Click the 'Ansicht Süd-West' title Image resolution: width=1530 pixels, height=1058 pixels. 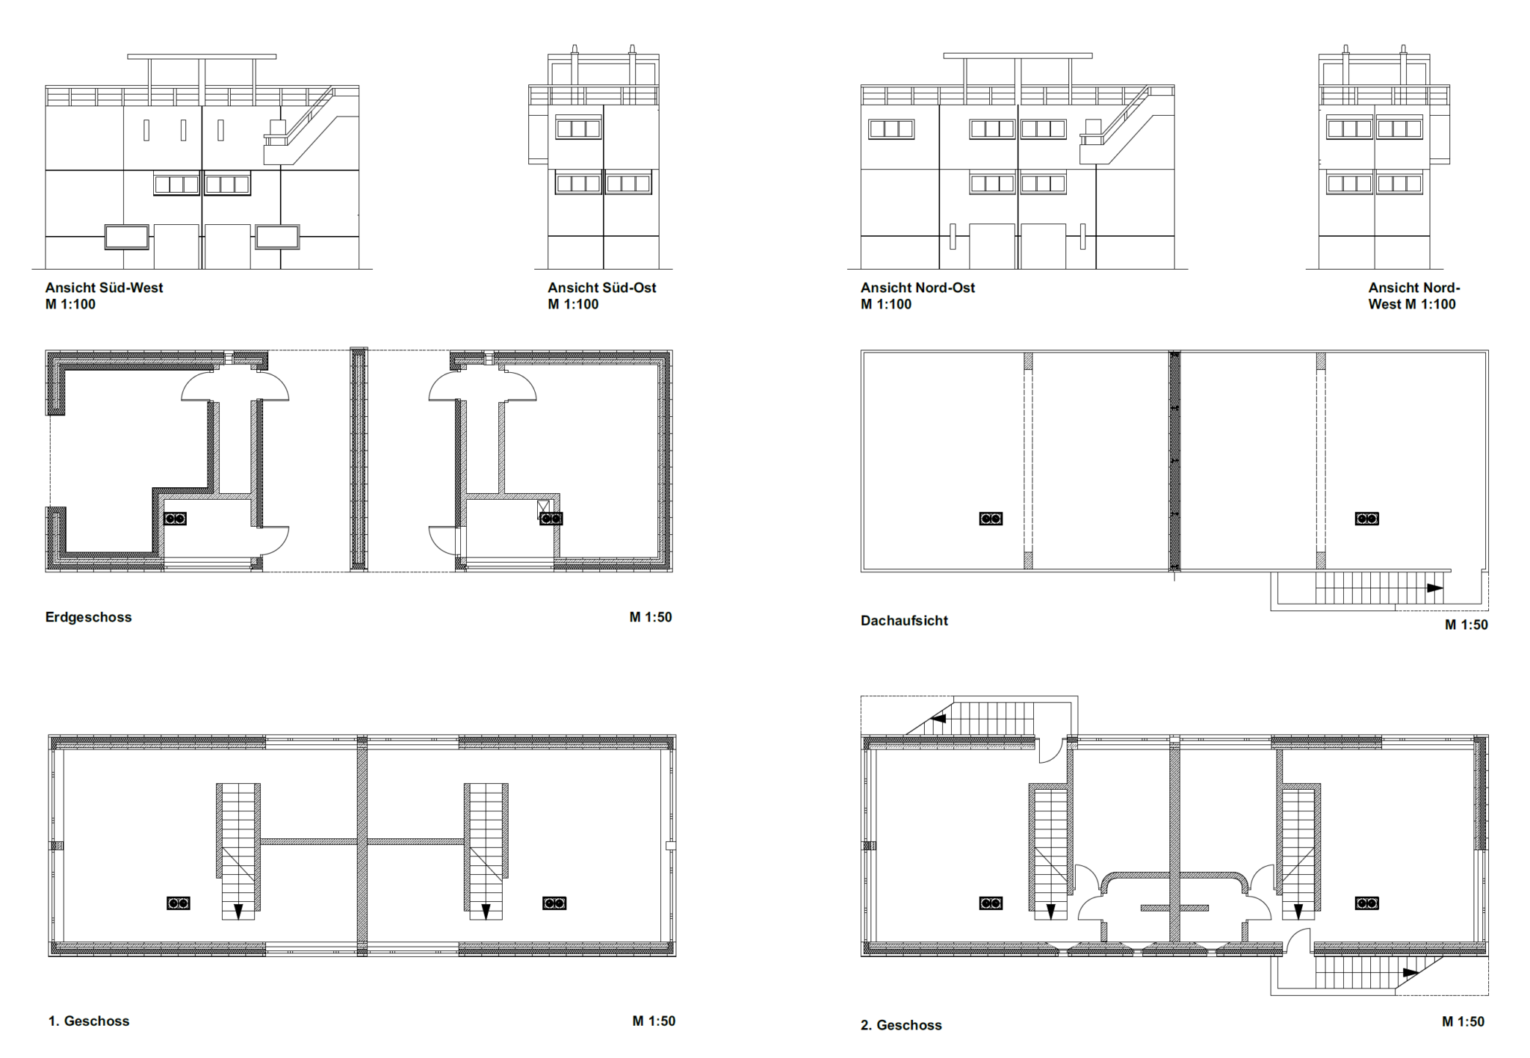tap(104, 288)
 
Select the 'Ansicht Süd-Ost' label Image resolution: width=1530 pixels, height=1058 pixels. tap(601, 288)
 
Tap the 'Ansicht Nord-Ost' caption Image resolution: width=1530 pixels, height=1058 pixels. tap(917, 288)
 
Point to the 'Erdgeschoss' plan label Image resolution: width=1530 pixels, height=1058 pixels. tap(88, 617)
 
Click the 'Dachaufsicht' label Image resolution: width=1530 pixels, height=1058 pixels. tap(904, 620)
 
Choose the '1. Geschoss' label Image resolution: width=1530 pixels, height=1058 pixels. tap(89, 1021)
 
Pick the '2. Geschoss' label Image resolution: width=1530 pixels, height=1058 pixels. tap(901, 1025)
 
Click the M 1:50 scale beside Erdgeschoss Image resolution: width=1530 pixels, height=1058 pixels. tap(651, 617)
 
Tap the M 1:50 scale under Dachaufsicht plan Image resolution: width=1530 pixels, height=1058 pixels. tap(1466, 625)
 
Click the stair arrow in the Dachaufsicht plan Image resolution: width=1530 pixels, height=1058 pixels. tap(1434, 588)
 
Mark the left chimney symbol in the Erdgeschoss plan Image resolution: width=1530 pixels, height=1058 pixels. tap(175, 519)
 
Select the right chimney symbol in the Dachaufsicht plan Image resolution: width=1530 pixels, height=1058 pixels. tap(1367, 519)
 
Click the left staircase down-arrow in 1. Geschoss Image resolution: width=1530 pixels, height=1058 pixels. tap(238, 911)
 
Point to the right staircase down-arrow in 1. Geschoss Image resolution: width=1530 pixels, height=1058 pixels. tap(486, 911)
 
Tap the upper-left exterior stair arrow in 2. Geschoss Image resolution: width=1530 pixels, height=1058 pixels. tap(938, 718)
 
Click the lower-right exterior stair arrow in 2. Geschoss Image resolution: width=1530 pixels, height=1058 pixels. tap(1410, 973)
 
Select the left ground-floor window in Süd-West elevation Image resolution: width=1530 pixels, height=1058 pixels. tap(126, 237)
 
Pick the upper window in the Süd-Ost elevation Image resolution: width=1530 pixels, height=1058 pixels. tap(578, 129)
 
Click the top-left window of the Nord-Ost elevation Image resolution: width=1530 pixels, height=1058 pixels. tap(891, 129)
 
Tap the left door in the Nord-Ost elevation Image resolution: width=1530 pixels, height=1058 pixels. tap(992, 247)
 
